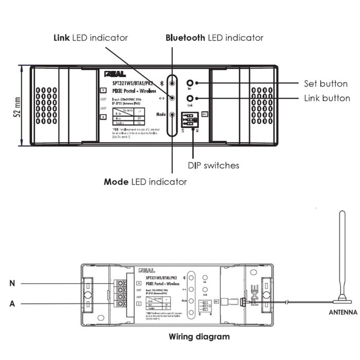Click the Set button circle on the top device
(190, 83)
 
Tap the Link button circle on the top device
(190, 98)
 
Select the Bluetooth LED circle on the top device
(172, 83)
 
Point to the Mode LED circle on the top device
(172, 116)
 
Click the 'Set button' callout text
(326, 84)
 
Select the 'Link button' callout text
(327, 98)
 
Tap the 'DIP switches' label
(213, 165)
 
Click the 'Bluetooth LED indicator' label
(214, 38)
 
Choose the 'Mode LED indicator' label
(145, 182)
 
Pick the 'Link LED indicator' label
(91, 38)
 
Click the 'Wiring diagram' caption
(199, 337)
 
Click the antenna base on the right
(340, 299)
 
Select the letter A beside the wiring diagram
(12, 304)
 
